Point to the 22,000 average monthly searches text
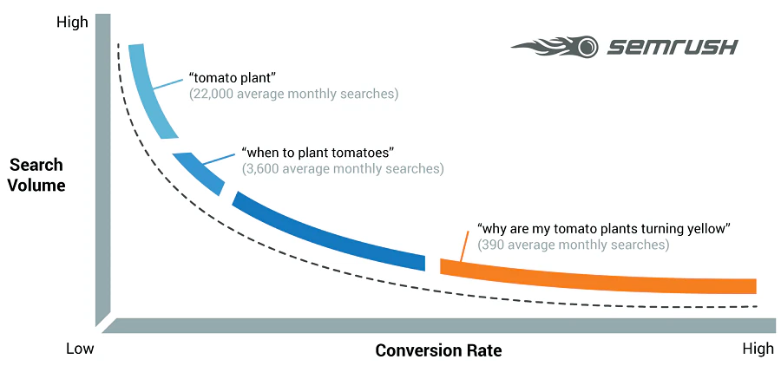[x=293, y=94]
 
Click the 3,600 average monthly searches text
[x=342, y=168]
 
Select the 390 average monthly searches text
[x=573, y=245]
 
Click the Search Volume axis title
[x=37, y=174]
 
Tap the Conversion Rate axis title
[x=438, y=350]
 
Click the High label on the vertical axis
[x=72, y=23]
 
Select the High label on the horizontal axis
[x=758, y=349]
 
